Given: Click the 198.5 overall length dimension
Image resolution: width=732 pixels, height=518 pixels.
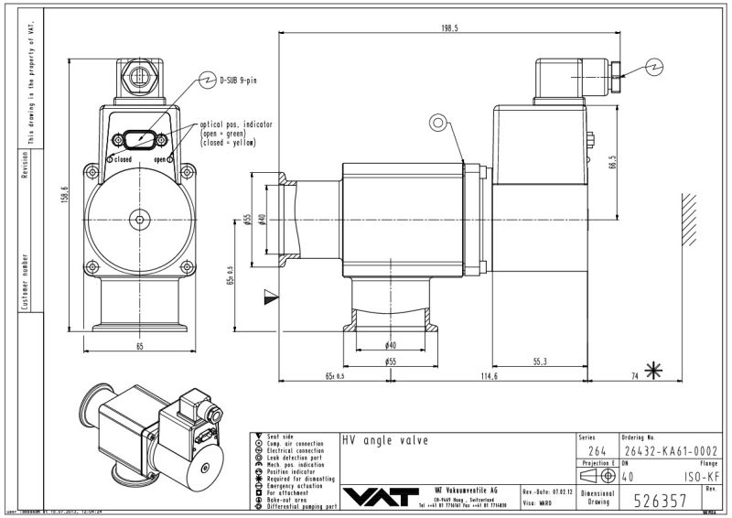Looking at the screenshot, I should pos(448,28).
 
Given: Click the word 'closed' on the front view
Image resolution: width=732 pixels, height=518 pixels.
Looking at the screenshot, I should pos(124,159).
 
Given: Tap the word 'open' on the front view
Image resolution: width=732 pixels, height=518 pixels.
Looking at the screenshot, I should pos(159,159).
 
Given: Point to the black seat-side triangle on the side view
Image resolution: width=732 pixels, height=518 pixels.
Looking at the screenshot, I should pos(269,296).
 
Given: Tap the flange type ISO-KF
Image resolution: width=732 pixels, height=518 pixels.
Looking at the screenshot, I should pos(699,476).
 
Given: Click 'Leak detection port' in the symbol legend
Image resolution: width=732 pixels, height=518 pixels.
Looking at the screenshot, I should pos(297,458).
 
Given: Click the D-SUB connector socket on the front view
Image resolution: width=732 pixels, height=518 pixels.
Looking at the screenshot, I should pos(139,140).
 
